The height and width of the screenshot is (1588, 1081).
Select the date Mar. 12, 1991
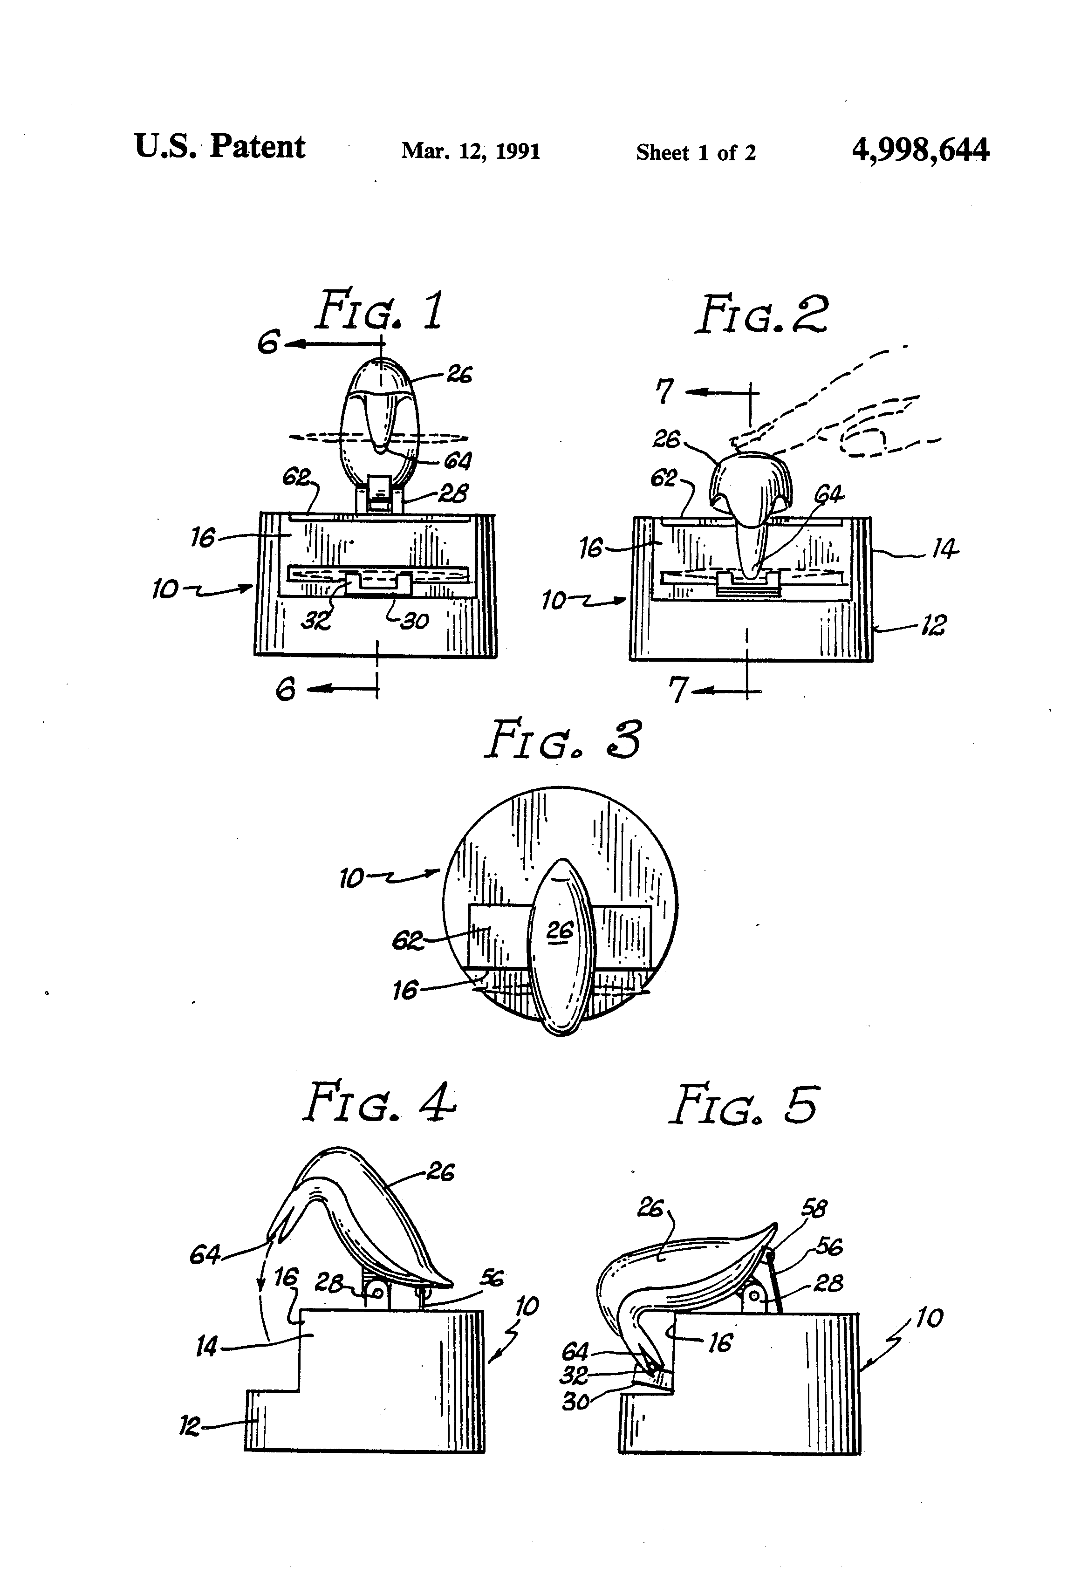pos(470,151)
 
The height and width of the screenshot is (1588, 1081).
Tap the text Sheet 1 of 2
pos(696,152)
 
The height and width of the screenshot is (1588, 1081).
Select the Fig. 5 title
pos(744,1106)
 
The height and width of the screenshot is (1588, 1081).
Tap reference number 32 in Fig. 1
pos(316,621)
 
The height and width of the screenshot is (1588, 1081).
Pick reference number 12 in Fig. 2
pos(933,625)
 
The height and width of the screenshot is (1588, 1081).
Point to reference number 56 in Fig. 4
pos(491,1279)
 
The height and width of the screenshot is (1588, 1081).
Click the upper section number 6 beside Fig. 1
pos(268,342)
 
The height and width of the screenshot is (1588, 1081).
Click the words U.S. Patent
pos(219,147)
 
